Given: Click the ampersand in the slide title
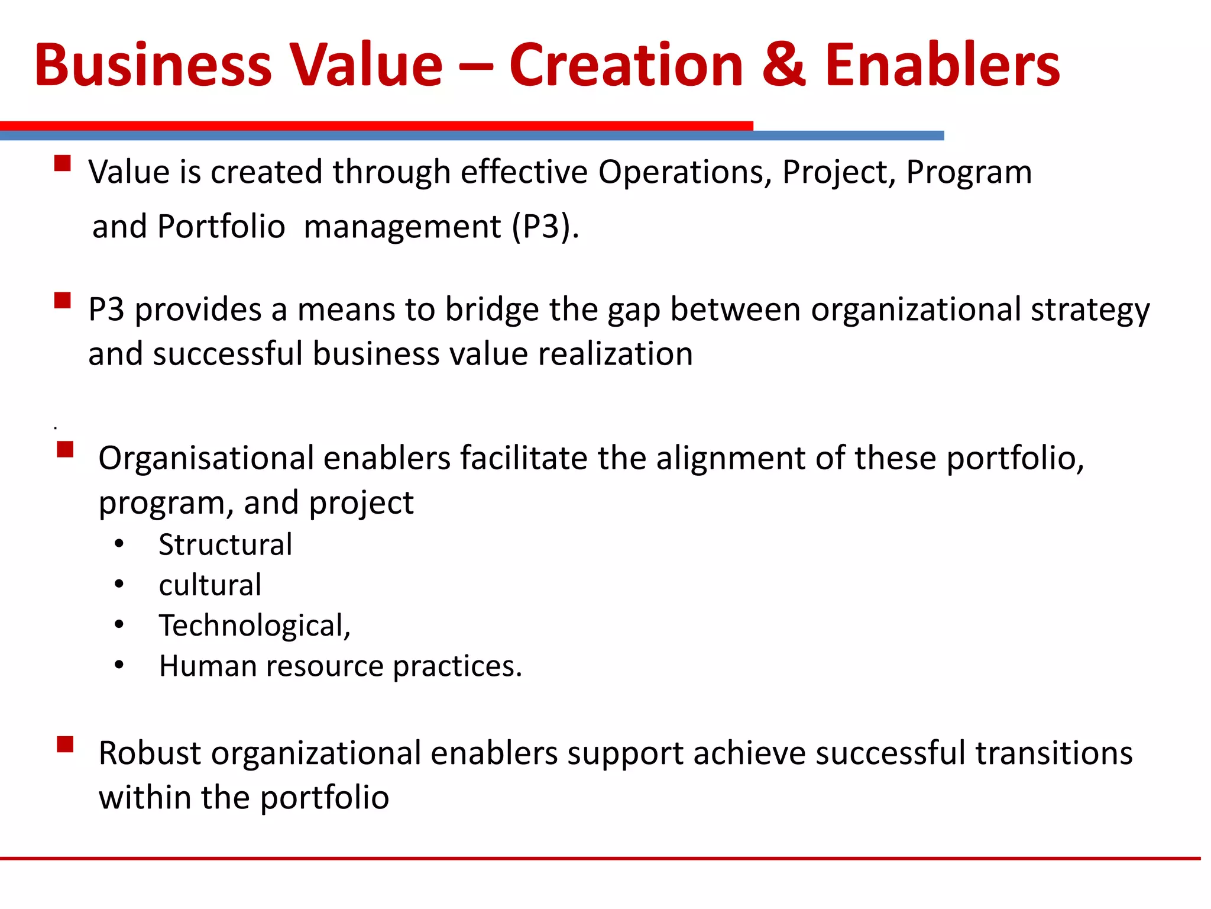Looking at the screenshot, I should pyautogui.click(x=784, y=65).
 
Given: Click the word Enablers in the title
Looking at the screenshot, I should pyautogui.click(x=942, y=65).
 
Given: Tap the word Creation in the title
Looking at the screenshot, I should pyautogui.click(x=626, y=65).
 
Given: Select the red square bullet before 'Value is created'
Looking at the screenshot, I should pyautogui.click(x=62, y=163).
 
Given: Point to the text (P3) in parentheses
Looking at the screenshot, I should pyautogui.click(x=545, y=227).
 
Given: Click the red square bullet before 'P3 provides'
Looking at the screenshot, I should pyautogui.click(x=62, y=300).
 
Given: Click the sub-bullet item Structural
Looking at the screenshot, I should pyautogui.click(x=225, y=544).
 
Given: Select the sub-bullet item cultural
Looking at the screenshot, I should pyautogui.click(x=210, y=585).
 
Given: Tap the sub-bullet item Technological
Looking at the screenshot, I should pyautogui.click(x=254, y=626).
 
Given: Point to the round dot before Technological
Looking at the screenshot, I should pyautogui.click(x=119, y=625).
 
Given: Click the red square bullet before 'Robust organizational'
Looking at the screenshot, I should pyautogui.click(x=65, y=744).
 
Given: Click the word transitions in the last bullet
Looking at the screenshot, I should pyautogui.click(x=1054, y=754).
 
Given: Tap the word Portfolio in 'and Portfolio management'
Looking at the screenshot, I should pyautogui.click(x=221, y=227).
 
